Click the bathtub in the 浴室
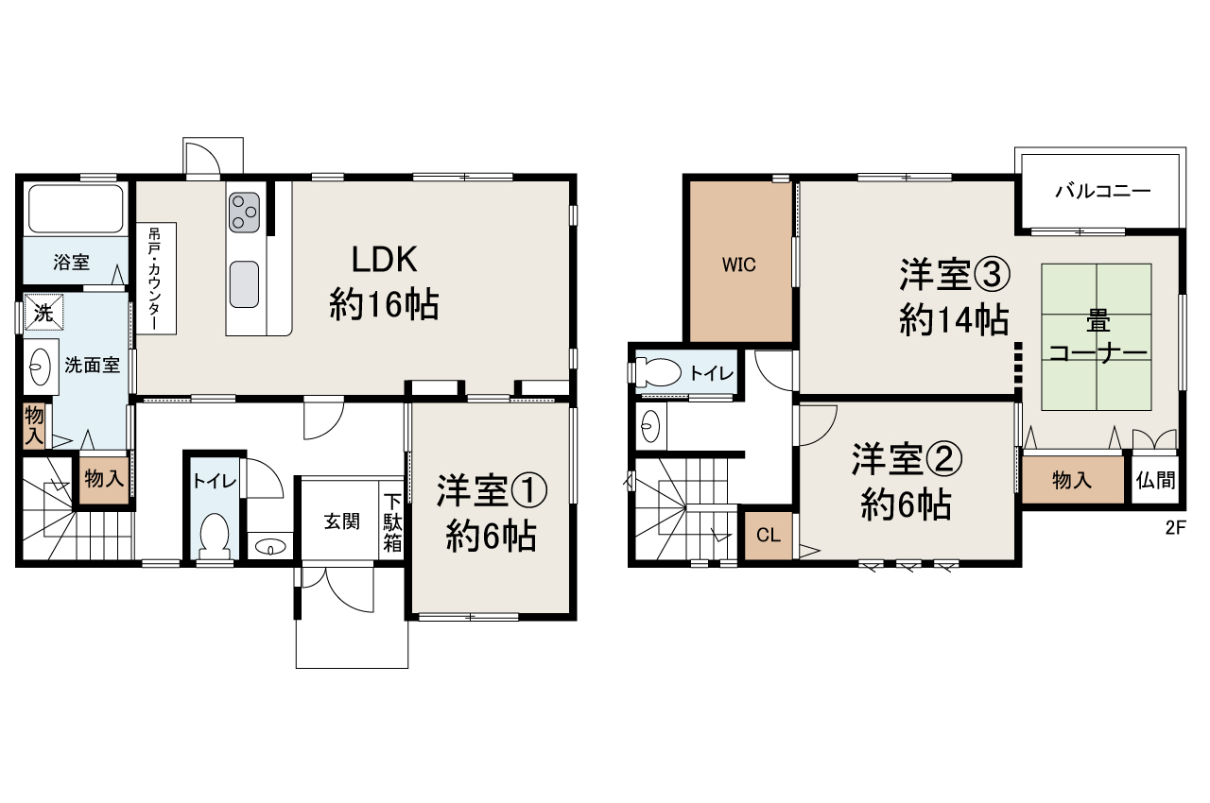(76, 209)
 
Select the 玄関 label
(341, 521)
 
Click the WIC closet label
(739, 265)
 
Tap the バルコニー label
(1102, 192)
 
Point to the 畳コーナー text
(1098, 337)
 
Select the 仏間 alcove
(1156, 481)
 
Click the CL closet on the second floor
(768, 536)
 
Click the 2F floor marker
(1175, 529)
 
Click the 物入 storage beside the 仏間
(1072, 481)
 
